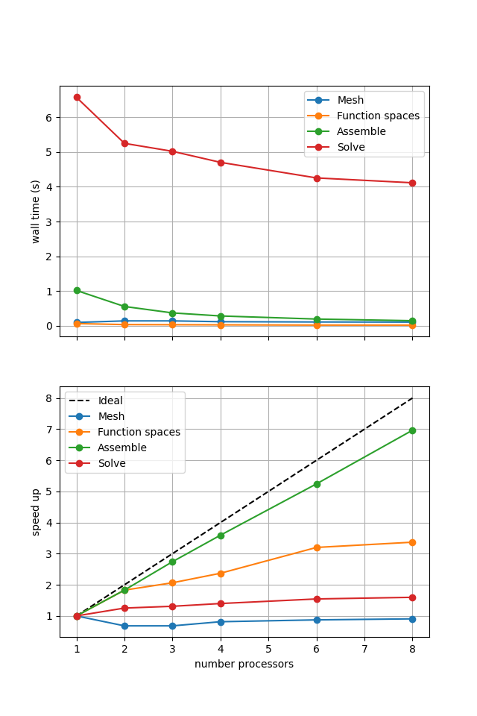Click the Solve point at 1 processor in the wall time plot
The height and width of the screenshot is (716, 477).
coord(77,97)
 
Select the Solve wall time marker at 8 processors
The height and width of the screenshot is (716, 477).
coord(412,183)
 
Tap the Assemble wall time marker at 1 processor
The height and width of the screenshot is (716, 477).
coord(77,290)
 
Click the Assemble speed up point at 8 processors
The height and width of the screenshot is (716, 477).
coord(412,430)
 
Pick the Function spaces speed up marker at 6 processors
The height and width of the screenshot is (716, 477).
coord(317,547)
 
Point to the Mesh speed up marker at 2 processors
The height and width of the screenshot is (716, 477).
coord(124,626)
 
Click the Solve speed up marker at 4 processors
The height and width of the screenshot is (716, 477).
coord(221,603)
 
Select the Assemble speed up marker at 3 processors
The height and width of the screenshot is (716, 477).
coord(172,562)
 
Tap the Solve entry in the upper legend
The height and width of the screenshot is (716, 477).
coord(351,148)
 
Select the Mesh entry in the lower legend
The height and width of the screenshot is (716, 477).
coord(111,417)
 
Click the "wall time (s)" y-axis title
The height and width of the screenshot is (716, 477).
coord(36,211)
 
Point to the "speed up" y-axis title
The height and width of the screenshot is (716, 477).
coord(36,512)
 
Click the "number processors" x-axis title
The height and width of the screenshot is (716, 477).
coord(244,665)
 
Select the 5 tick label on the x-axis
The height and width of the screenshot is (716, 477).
coord(268,649)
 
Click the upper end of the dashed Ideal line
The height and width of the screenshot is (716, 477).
coord(412,398)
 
